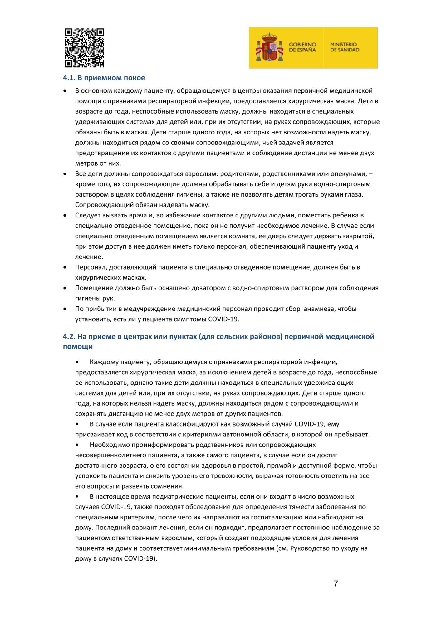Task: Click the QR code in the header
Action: click(84, 48)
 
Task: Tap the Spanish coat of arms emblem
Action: click(269, 47)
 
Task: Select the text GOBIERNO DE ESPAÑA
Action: click(302, 47)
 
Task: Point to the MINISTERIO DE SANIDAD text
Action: click(345, 47)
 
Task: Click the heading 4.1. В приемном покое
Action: click(104, 78)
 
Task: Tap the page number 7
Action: click(336, 583)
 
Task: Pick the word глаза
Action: click(355, 194)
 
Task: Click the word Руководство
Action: click(312, 548)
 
